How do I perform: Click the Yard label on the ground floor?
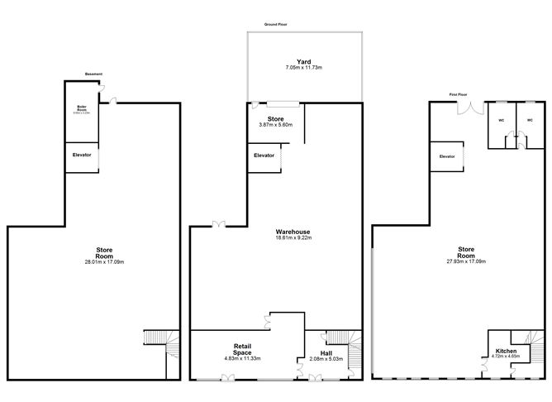[x=303, y=61]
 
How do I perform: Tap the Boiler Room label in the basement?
[x=83, y=108]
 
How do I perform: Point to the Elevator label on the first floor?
[x=447, y=156]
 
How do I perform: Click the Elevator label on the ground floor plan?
[x=264, y=156]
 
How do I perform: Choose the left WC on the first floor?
[x=501, y=120]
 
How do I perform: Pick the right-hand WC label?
[x=530, y=120]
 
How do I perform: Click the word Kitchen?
[x=506, y=352]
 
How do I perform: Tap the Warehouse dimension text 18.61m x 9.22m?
[x=293, y=238]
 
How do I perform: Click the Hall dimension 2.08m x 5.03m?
[x=323, y=359]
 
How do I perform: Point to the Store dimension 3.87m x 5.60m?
[x=275, y=125]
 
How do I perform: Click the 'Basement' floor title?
[x=94, y=74]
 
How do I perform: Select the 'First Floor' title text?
[x=459, y=94]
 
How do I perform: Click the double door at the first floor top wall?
[x=473, y=108]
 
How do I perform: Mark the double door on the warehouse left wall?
[x=217, y=223]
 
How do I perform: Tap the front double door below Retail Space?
[x=227, y=378]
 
